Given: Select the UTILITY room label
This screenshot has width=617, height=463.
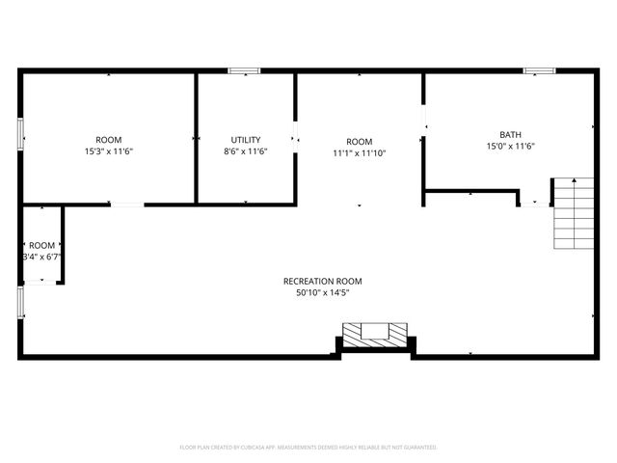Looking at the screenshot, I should coord(245,140).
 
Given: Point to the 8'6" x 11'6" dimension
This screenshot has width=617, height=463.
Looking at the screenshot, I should coord(245,151).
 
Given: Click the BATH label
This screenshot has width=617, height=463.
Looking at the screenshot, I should coord(510,135).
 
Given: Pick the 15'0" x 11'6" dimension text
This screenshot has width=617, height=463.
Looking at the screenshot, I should coord(510,147).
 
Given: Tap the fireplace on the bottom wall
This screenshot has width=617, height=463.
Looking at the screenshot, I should coord(375,335).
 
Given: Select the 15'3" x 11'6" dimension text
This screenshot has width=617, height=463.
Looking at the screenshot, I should coord(108,151).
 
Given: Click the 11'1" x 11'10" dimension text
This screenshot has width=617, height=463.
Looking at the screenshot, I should coord(360,152).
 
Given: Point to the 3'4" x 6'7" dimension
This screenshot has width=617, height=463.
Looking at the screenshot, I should coord(41,257).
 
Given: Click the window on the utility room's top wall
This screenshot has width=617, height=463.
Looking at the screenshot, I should coord(244,70).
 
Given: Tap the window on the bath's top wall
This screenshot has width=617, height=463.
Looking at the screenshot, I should coord(539,70).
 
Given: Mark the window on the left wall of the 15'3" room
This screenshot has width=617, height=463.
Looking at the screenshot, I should coord(20,133).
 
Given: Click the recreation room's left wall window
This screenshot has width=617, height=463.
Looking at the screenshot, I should coord(20,301).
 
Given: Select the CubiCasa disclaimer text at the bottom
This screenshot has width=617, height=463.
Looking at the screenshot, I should coord(308,448).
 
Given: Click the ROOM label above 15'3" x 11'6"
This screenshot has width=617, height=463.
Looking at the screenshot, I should coord(108,140).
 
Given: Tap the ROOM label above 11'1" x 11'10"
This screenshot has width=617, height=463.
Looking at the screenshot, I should coord(360,141).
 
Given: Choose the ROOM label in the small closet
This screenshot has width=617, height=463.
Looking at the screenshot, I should coord(41,245).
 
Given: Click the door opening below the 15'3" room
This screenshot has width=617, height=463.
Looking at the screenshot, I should coord(127,204).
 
